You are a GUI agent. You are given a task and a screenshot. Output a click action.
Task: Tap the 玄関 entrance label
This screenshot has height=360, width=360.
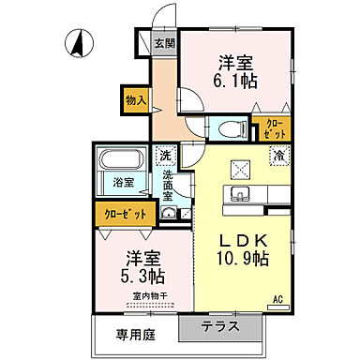pyautogui.click(x=164, y=43)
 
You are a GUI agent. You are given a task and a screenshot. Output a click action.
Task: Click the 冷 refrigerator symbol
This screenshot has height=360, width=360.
pyautogui.click(x=278, y=157)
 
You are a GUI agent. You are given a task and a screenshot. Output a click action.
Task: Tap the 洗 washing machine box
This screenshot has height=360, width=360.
pyautogui.click(x=166, y=156)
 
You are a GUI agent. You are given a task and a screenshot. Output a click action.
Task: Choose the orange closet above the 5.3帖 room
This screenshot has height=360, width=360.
pyautogui.click(x=125, y=215)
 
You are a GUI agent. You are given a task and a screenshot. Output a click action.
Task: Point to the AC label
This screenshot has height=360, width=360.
pyautogui.click(x=277, y=300)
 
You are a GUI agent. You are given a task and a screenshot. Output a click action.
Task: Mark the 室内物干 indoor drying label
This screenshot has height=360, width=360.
pyautogui.click(x=149, y=296)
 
